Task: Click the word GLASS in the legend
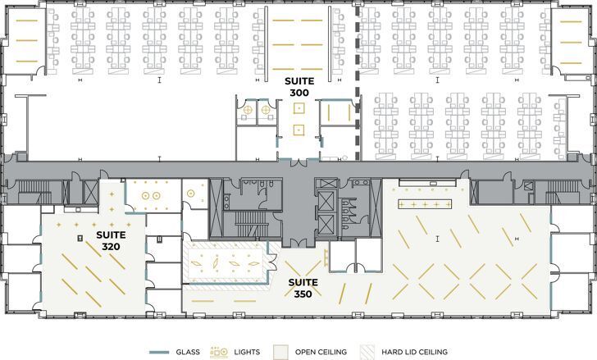(188, 352)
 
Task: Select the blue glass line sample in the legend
(161, 352)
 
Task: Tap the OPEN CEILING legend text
(321, 352)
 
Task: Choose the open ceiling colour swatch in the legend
(280, 352)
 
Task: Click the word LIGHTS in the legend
(247, 352)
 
